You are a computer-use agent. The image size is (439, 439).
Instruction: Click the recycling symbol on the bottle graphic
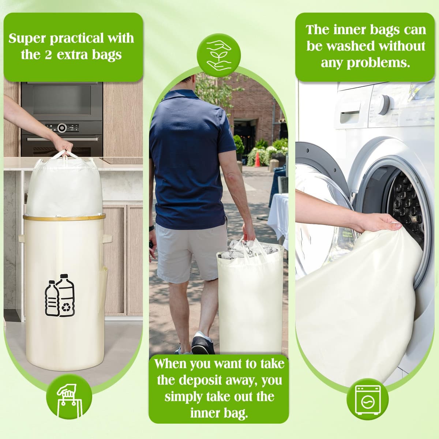coord(66,308)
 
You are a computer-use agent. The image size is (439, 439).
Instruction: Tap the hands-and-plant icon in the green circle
coord(219,55)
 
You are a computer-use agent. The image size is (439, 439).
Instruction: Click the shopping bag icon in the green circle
coord(70,401)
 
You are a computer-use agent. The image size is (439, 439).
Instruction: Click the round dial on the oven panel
coord(62,128)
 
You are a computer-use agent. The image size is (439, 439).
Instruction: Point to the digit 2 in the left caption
coord(48,55)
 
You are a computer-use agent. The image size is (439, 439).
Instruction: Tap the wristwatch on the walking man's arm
coord(151,228)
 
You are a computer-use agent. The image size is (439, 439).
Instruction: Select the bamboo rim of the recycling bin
coord(64,217)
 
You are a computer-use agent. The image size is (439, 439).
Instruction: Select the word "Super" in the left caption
coord(27,38)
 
